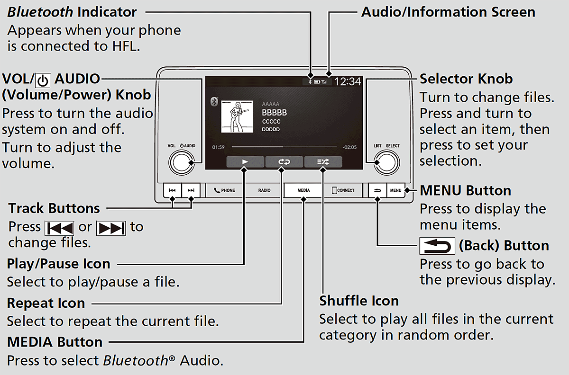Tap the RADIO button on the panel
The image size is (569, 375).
[265, 190]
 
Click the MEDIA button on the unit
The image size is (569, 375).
[303, 190]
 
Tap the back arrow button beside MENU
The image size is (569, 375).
[377, 190]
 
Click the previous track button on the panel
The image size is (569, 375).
[172, 190]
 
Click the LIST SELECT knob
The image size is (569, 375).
[386, 162]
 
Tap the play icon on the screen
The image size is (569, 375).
[245, 162]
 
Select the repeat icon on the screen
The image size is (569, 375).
[284, 162]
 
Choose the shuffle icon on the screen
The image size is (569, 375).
[323, 162]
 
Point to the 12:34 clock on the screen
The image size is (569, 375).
[348, 81]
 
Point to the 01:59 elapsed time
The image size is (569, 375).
[218, 147]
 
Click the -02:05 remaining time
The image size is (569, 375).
[349, 147]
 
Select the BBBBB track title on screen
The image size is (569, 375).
[274, 113]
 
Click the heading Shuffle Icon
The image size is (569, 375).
[359, 301]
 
